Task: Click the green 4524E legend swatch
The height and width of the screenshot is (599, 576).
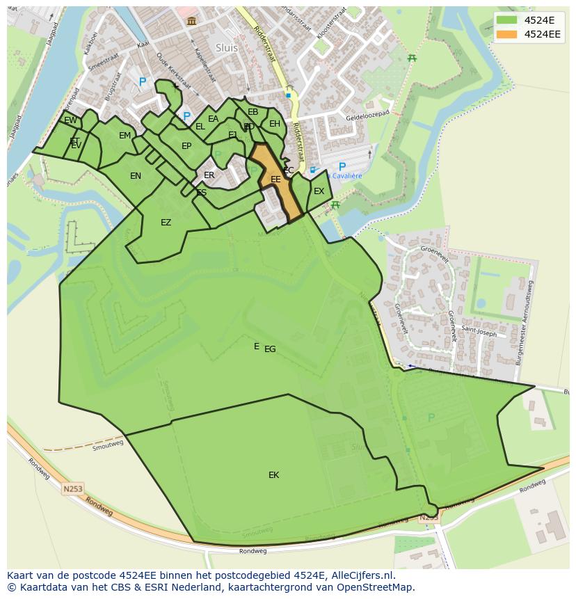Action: [x=508, y=20]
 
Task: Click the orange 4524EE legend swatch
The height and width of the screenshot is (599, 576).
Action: [x=508, y=34]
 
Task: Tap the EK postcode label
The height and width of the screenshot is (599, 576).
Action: [x=273, y=475]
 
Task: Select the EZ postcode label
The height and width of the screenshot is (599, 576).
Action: [x=166, y=223]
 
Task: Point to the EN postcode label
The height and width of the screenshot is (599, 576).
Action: [x=136, y=176]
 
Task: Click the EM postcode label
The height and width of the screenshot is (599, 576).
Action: [x=125, y=136]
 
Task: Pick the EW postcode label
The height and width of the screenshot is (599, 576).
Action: [x=70, y=120]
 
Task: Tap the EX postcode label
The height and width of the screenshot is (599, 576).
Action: [x=319, y=191]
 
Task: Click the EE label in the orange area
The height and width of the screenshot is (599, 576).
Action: [x=275, y=179]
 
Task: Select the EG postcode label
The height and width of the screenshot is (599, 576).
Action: [x=270, y=349]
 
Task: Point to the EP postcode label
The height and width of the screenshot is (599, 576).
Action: [x=186, y=146]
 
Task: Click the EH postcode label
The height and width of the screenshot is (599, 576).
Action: [x=275, y=124]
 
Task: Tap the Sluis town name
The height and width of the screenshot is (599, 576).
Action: [x=227, y=48]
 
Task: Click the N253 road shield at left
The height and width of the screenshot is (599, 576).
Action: [x=73, y=489]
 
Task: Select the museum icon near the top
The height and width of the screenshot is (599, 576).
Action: [x=191, y=22]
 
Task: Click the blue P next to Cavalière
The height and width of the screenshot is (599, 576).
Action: [x=342, y=167]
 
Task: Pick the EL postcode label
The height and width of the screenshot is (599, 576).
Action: [x=200, y=127]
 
